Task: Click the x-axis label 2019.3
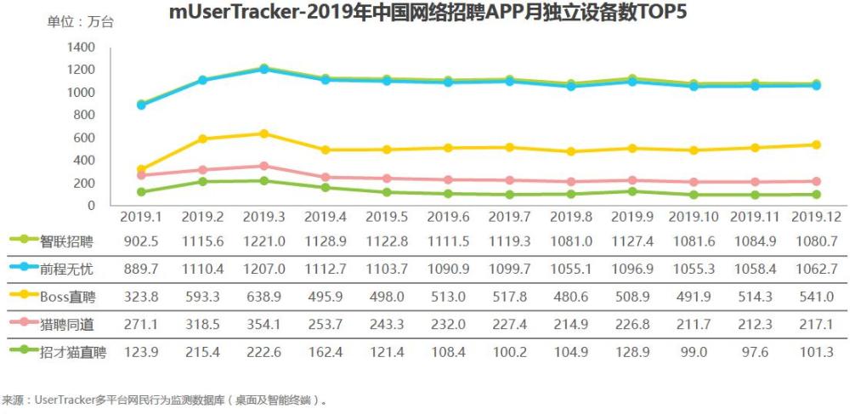(x=264, y=218)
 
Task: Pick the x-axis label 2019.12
(x=817, y=218)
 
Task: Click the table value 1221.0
(x=264, y=241)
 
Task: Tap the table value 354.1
(x=264, y=323)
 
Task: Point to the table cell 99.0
(x=694, y=350)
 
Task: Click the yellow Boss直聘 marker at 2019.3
(x=264, y=133)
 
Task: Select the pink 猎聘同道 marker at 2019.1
(x=141, y=175)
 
